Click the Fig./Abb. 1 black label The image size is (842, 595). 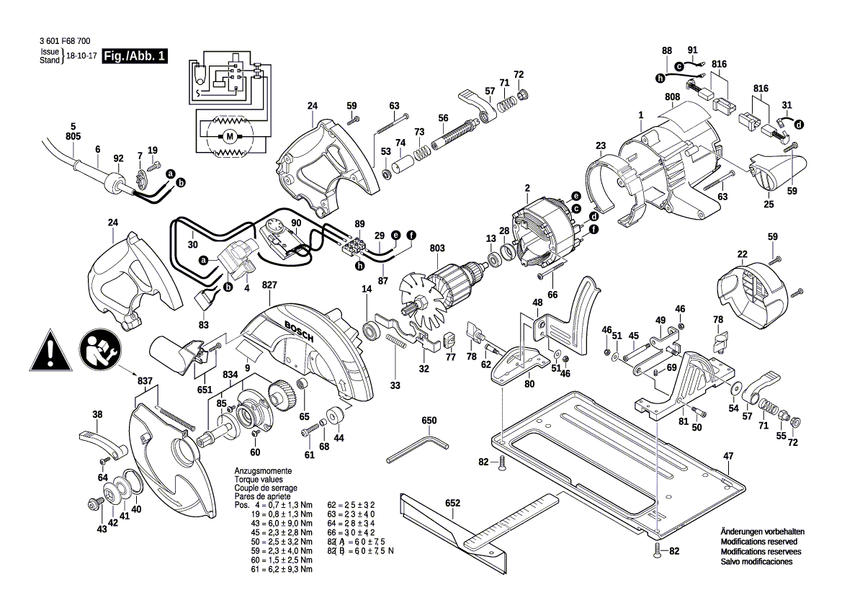pyautogui.click(x=135, y=56)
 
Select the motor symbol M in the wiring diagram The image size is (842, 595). pyautogui.click(x=230, y=136)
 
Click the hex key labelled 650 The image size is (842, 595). pyautogui.click(x=416, y=447)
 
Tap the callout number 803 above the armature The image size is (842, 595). pyautogui.click(x=437, y=249)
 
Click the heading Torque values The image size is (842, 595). pyautogui.click(x=259, y=479)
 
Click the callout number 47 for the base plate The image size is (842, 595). pyautogui.click(x=728, y=456)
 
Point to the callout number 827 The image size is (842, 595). pyautogui.click(x=269, y=286)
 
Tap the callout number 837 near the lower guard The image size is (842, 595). pyautogui.click(x=145, y=380)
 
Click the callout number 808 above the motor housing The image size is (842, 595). pyautogui.click(x=672, y=97)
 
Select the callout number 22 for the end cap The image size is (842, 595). pyautogui.click(x=742, y=254)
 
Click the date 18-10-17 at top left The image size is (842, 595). pyautogui.click(x=81, y=55)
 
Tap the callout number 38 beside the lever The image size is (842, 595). pyautogui.click(x=98, y=414)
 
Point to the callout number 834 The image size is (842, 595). pyautogui.click(x=230, y=375)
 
